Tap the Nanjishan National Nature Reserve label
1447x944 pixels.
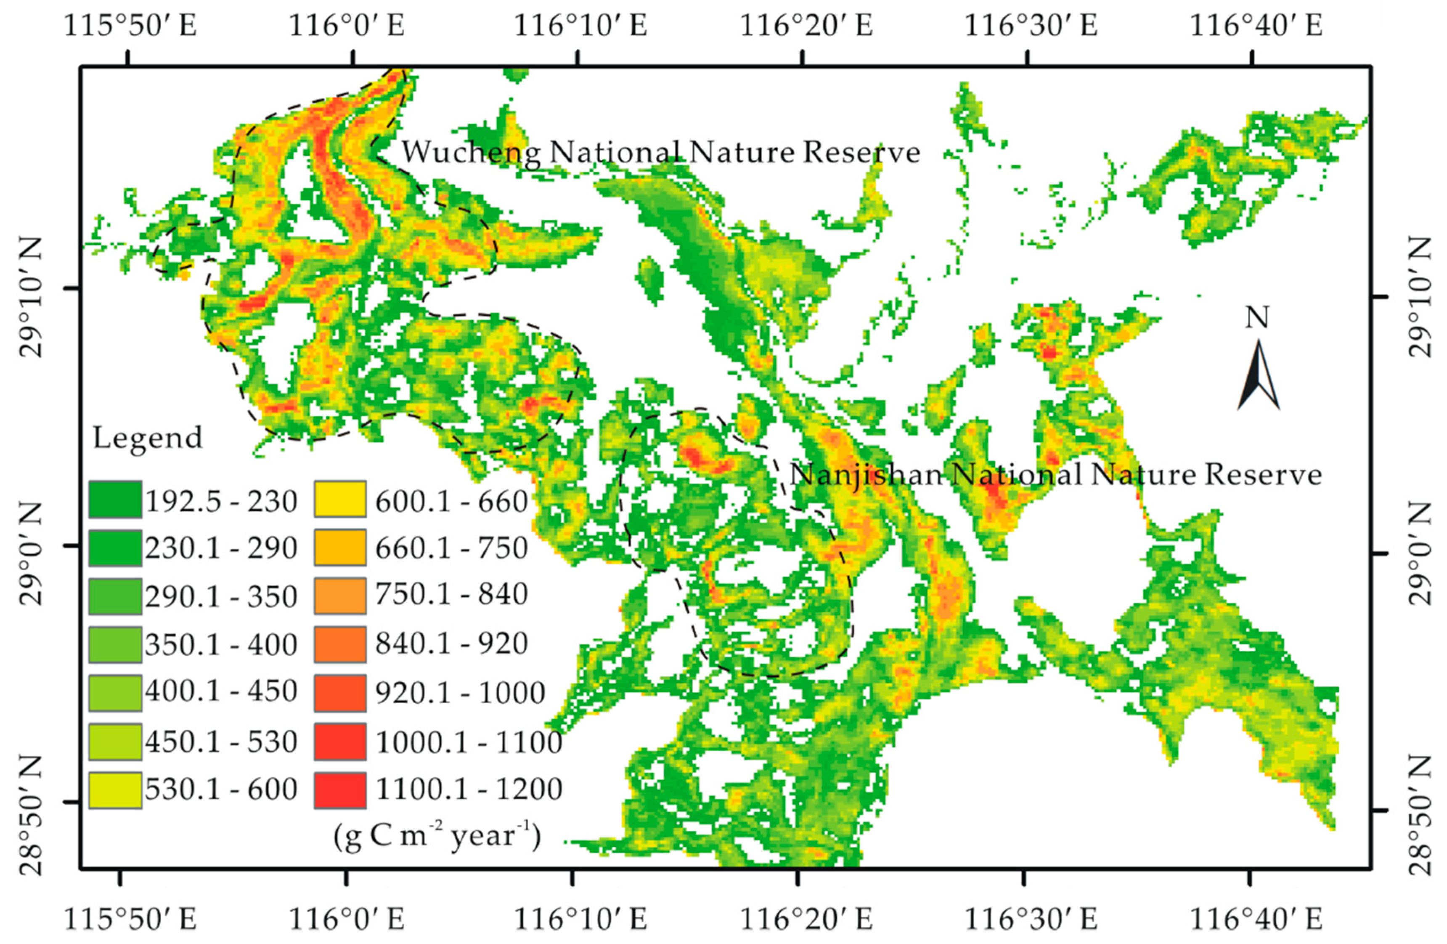(1055, 475)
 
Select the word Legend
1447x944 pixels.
(147, 438)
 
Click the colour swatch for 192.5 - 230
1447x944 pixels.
(115, 500)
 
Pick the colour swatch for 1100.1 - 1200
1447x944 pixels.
(340, 790)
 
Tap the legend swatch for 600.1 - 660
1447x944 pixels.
(340, 500)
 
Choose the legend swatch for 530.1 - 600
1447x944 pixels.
(115, 790)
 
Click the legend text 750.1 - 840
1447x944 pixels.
(451, 594)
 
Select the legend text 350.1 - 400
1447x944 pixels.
(221, 644)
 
